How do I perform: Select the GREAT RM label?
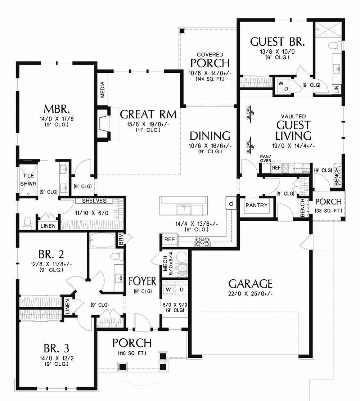[x=148, y=114]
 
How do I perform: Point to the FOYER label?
[x=143, y=281]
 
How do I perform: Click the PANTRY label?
[x=257, y=205]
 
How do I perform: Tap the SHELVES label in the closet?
[x=94, y=200]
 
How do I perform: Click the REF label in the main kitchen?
[x=168, y=239]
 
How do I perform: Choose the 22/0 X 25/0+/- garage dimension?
[x=251, y=293]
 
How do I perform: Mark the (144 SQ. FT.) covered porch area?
[x=210, y=78]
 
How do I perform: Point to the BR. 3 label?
[x=57, y=348]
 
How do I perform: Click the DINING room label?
[x=210, y=136]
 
